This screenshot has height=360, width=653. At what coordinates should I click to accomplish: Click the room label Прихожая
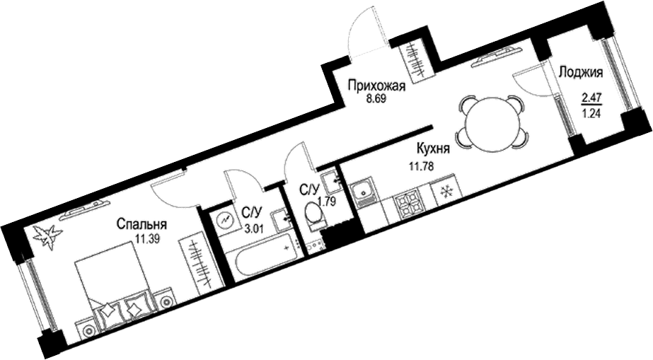(x=376, y=87)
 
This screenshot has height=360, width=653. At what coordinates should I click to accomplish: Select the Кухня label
(x=432, y=149)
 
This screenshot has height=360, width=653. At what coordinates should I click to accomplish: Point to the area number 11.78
(x=422, y=166)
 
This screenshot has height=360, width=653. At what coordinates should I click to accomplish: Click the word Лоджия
(x=581, y=73)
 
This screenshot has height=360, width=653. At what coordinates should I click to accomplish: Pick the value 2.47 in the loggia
(x=591, y=98)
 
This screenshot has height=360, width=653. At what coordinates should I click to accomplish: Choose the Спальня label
(x=141, y=224)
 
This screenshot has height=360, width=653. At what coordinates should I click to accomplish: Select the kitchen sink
(x=363, y=191)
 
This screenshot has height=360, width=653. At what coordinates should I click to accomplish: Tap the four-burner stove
(x=408, y=203)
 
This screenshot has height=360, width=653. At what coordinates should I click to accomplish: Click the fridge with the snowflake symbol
(x=448, y=190)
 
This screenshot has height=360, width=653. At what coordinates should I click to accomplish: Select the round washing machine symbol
(x=224, y=220)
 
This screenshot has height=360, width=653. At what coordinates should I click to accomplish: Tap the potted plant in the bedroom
(x=47, y=237)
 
